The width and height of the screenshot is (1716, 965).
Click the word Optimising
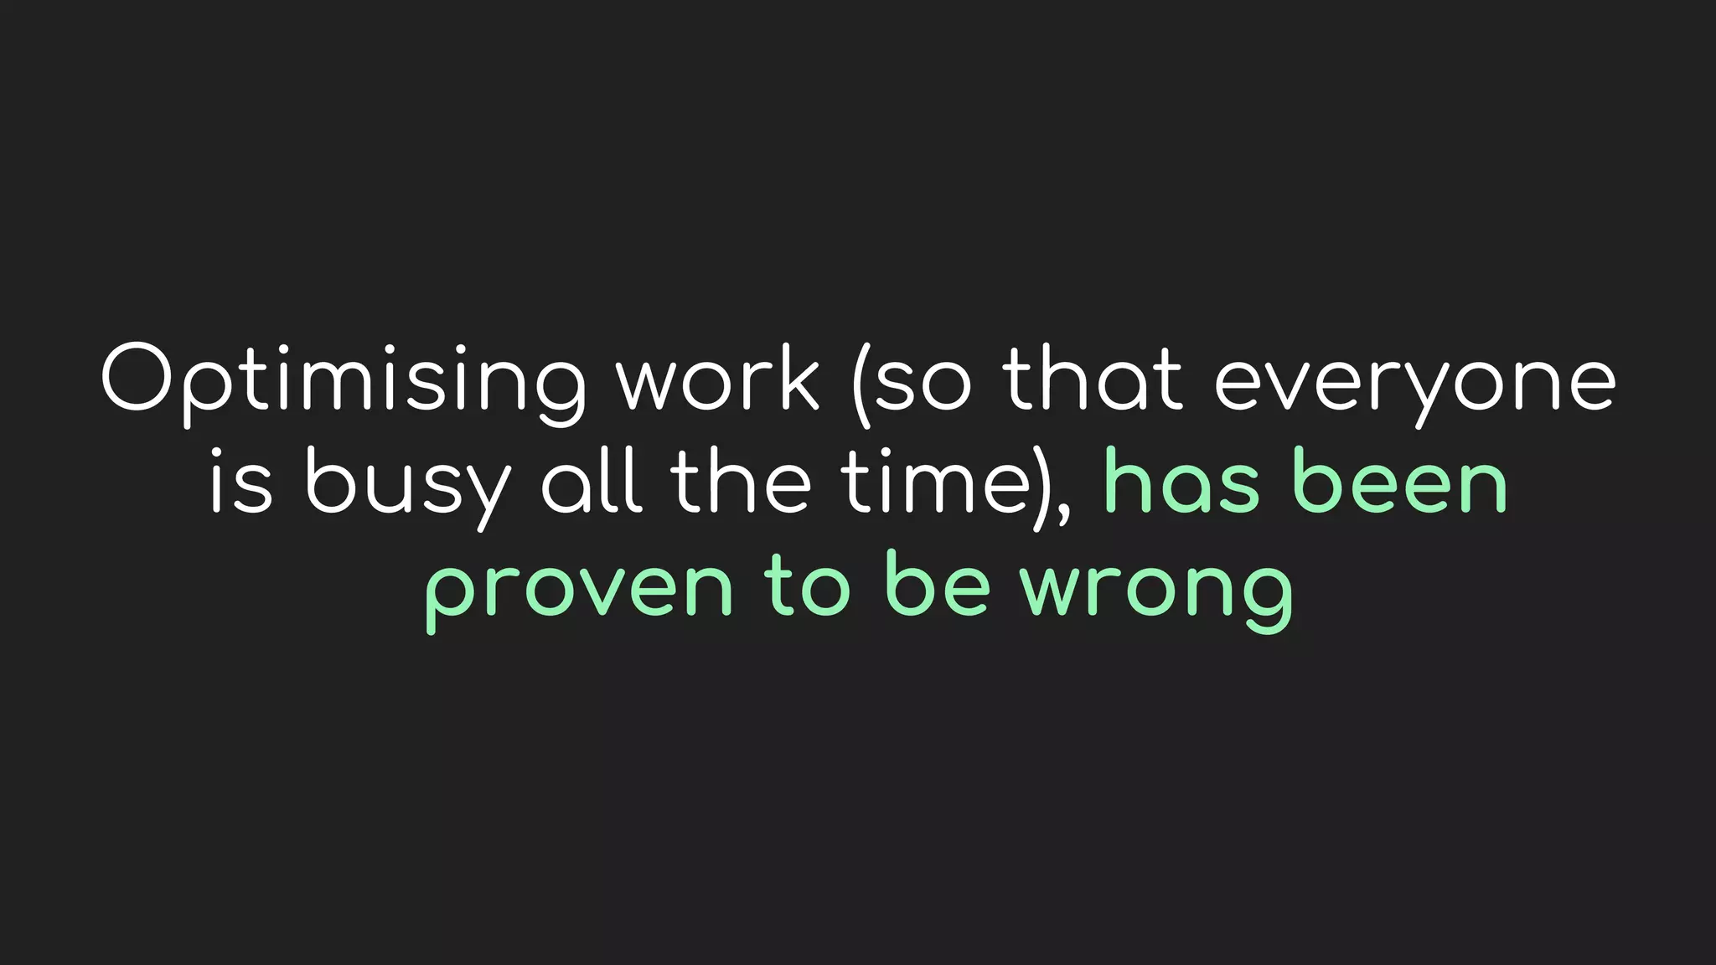344,381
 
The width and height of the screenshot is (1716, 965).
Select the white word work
718,381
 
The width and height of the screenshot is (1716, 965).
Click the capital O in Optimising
137,378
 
